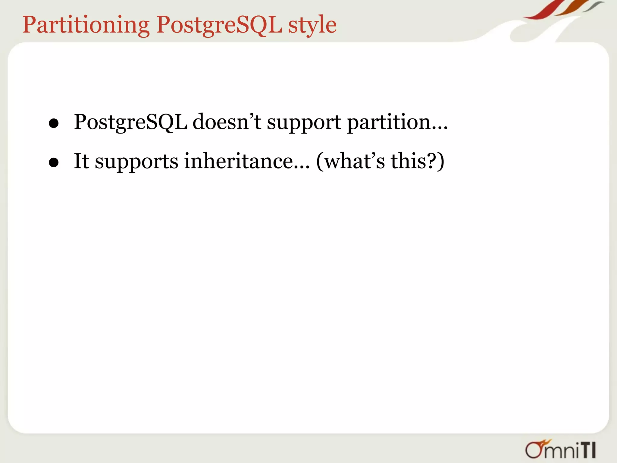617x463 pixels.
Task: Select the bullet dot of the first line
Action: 54,123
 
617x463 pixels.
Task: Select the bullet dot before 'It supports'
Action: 54,162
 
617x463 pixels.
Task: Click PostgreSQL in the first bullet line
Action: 130,122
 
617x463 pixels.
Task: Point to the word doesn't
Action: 227,122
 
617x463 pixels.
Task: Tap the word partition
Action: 389,122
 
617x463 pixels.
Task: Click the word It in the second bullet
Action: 81,161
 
